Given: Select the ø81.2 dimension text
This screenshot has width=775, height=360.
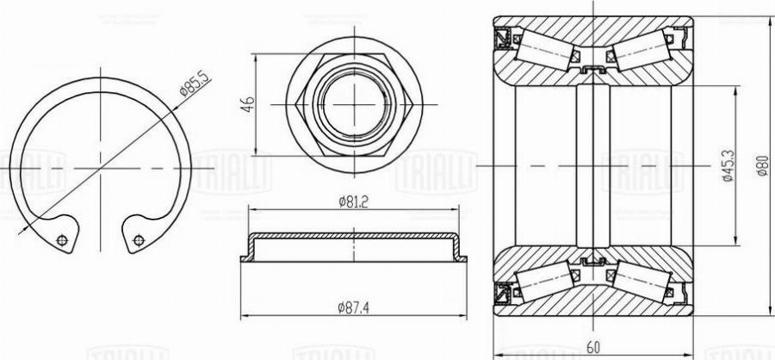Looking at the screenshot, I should point(353,203).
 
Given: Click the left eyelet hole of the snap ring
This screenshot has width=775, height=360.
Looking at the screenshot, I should point(61,240).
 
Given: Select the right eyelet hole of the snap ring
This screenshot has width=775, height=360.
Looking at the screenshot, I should point(137,241).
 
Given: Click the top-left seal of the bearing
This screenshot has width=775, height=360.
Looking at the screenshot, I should point(502,39).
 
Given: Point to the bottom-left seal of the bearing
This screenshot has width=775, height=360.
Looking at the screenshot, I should point(502,293).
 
